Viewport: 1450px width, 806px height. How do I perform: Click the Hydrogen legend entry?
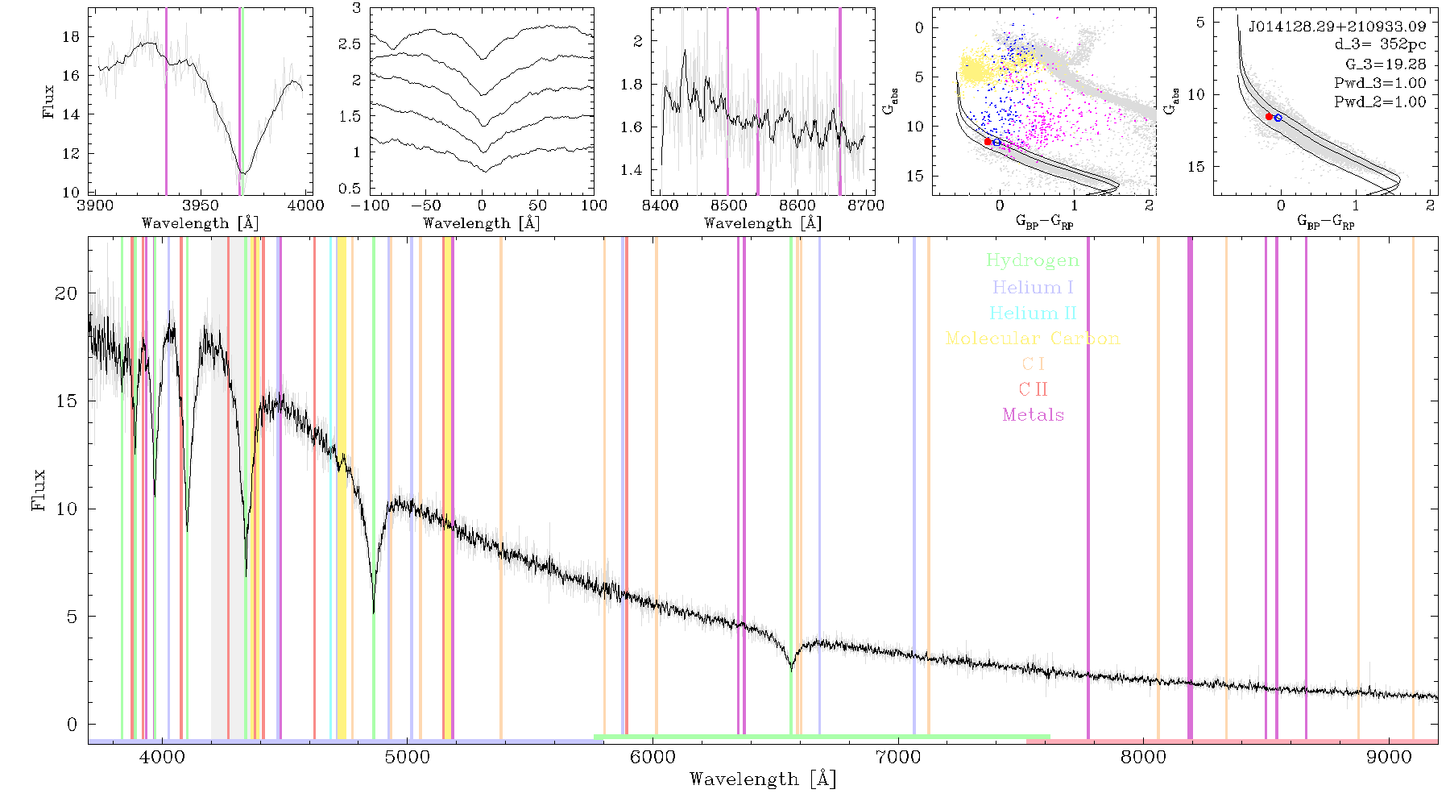coord(1032,260)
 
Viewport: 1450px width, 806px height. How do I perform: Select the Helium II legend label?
coord(1033,313)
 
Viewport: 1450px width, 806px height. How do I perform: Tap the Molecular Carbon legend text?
coord(1033,339)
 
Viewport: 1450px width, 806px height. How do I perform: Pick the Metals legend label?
coord(1034,415)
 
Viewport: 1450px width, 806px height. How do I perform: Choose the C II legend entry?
coord(1034,389)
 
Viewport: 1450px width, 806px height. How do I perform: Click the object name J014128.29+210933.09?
coord(1337,27)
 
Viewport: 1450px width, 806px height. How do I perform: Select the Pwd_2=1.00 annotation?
coord(1380,102)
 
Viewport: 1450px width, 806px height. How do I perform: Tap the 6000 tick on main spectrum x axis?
coord(652,758)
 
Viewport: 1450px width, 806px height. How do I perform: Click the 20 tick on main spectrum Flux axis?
coord(66,293)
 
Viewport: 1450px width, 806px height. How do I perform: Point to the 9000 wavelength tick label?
coord(1389,758)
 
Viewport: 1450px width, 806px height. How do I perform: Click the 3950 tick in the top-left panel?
coord(201,206)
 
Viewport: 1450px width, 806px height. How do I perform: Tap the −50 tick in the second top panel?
coord(426,206)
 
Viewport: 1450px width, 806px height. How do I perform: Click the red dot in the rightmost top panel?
coord(1269,117)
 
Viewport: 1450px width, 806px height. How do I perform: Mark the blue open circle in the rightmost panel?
coord(1278,118)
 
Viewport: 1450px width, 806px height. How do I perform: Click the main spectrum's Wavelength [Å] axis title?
coord(763,779)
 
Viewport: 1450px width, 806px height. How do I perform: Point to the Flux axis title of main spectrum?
coord(38,490)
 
